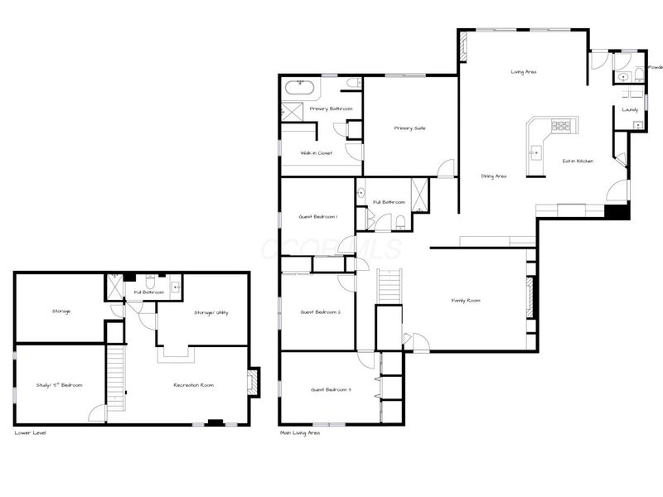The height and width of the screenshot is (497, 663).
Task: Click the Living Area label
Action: point(523,73)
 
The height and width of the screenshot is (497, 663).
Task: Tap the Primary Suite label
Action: point(409,128)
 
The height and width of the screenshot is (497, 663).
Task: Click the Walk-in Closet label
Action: point(317,153)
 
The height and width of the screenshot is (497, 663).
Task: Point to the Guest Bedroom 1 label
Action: point(318,216)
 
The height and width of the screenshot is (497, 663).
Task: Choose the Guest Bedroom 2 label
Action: point(318,311)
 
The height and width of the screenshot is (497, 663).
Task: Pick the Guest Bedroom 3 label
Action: point(331,389)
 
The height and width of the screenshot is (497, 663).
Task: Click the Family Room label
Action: point(465,301)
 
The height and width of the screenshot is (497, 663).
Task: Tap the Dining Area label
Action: point(494,176)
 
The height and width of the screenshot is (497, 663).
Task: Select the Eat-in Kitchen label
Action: point(578,161)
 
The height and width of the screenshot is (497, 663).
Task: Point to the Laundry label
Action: point(630,109)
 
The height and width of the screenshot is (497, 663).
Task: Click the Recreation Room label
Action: point(194,385)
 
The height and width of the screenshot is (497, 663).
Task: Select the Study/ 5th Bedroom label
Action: point(59,385)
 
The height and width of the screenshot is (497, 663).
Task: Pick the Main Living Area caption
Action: point(301,432)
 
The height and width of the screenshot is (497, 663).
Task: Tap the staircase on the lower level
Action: point(115,377)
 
